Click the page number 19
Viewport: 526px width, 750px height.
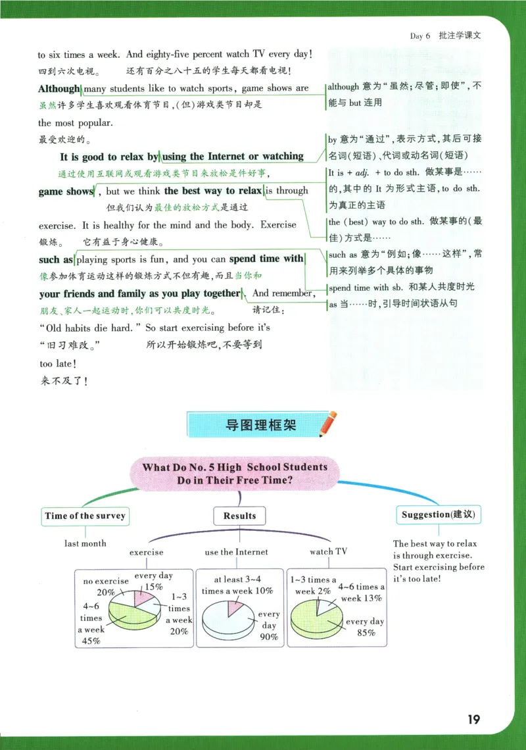[473, 719]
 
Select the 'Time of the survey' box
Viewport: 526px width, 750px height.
[85, 516]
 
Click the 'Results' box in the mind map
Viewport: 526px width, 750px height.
[239, 516]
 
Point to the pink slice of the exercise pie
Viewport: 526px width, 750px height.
[145, 598]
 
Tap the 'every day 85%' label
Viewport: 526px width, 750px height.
[365, 627]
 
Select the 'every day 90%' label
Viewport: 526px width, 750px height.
[268, 625]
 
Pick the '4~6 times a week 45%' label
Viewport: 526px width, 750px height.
[92, 623]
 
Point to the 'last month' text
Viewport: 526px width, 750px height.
[85, 543]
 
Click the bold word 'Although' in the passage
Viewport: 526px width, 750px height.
[59, 89]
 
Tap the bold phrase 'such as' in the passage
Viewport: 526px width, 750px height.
[56, 260]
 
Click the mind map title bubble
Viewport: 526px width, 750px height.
[235, 474]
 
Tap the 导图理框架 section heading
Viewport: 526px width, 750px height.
[260, 425]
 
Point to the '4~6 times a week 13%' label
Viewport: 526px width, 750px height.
[360, 592]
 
